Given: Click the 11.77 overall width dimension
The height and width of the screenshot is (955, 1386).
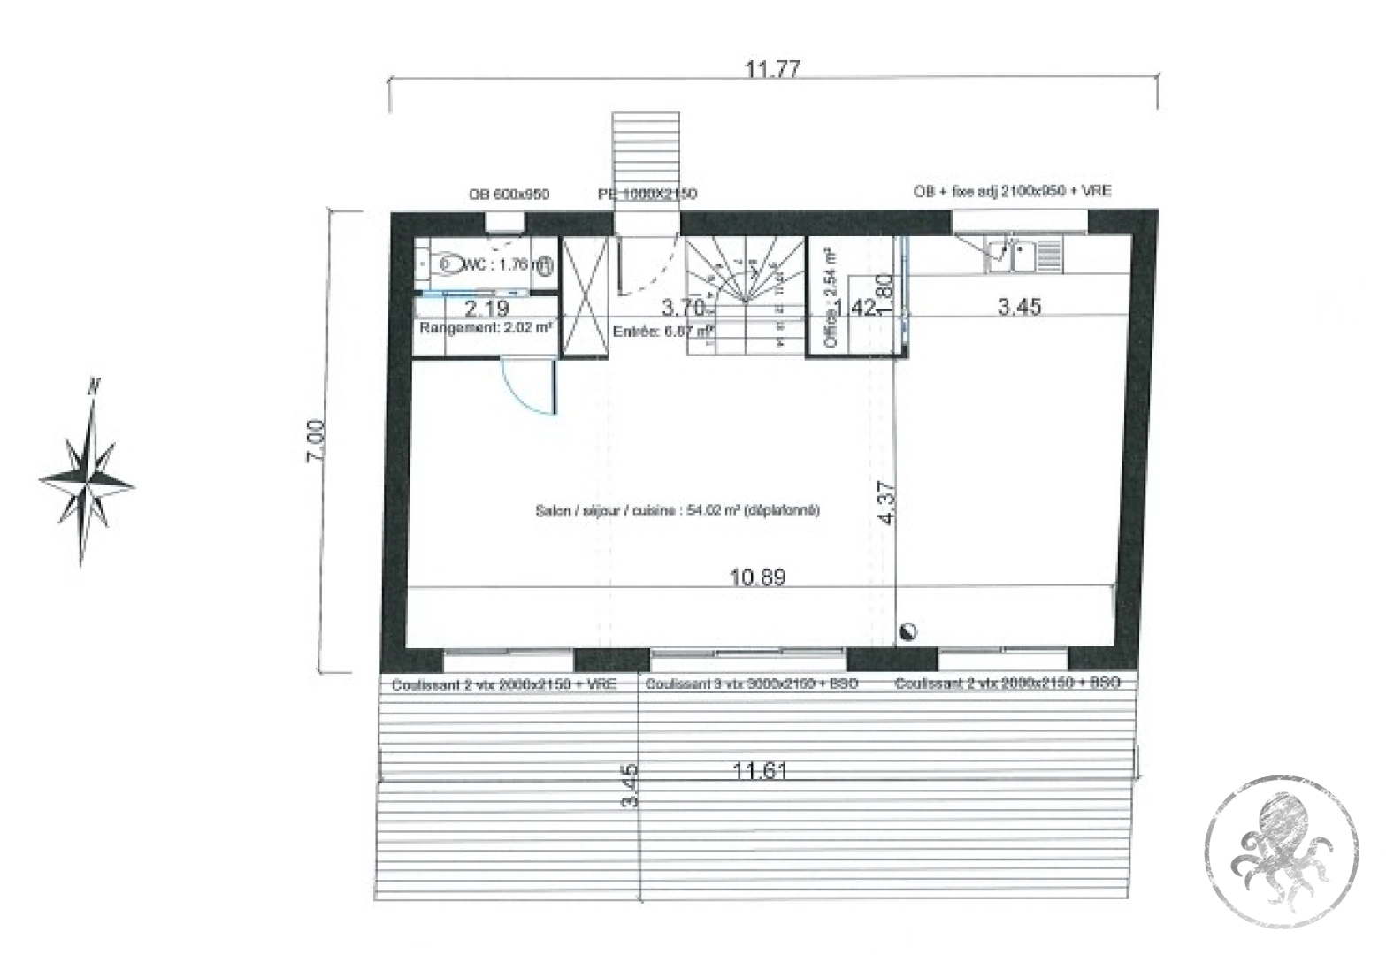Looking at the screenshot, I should (772, 69).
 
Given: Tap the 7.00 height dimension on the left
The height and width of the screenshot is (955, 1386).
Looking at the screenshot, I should (316, 439).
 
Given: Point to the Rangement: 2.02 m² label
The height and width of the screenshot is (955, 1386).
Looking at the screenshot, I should (486, 328).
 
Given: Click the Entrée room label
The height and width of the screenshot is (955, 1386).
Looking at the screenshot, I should (662, 332).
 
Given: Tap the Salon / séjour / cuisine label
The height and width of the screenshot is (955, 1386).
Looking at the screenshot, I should (678, 510).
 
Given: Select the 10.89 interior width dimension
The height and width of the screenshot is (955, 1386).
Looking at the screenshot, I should (757, 577).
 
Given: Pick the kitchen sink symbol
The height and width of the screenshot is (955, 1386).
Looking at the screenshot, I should (1011, 255).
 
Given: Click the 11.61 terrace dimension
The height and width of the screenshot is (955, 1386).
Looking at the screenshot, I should (760, 771).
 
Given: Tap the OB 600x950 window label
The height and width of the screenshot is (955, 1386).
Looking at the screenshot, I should (509, 195).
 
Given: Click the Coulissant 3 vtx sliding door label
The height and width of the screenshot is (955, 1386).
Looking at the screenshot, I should (751, 684).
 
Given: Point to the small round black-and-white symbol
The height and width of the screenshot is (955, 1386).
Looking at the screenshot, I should (907, 631).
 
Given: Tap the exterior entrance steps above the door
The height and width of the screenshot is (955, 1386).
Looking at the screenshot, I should (647, 159).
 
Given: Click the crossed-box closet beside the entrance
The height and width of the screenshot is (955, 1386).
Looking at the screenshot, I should (586, 296).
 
